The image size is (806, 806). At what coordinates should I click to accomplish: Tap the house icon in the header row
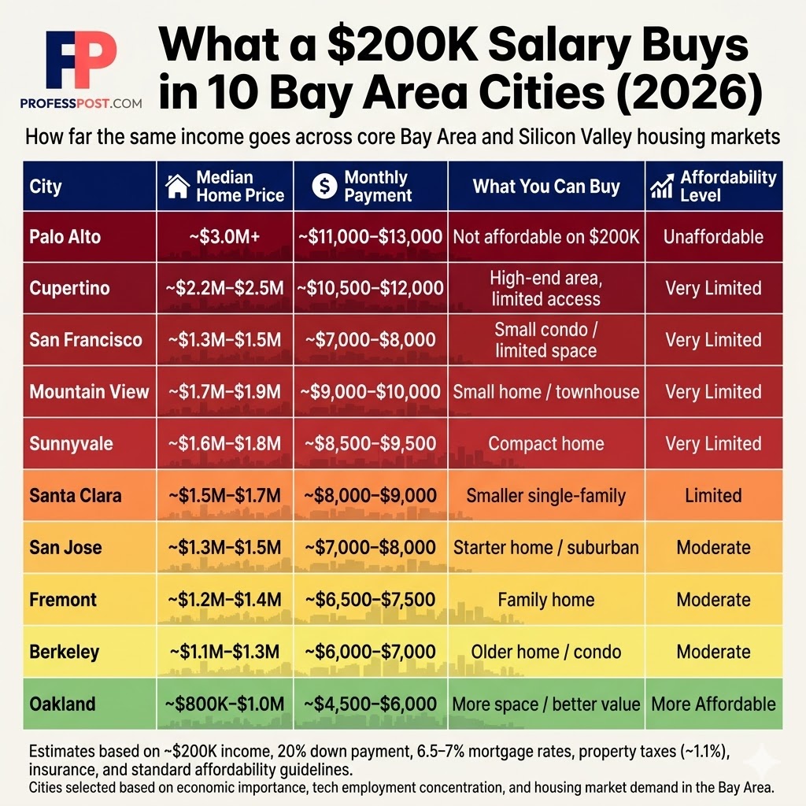click(179, 187)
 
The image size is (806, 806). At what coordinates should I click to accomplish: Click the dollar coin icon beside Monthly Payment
click(324, 187)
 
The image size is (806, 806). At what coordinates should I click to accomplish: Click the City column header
click(46, 187)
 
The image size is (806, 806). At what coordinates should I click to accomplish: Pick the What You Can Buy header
click(546, 187)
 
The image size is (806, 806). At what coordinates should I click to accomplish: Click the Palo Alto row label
click(65, 237)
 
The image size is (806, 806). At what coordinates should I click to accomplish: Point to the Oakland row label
click(62, 703)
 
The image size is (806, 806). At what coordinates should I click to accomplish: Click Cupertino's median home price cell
click(225, 288)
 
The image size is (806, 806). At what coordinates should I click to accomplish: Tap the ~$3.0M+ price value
click(225, 237)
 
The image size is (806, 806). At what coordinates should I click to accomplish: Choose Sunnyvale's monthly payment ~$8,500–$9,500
click(370, 444)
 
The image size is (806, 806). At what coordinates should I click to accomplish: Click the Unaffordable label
click(713, 237)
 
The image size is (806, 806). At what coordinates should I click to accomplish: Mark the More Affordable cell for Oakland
click(713, 703)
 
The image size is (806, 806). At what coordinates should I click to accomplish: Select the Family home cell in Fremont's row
click(546, 600)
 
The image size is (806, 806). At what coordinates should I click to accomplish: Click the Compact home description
click(546, 444)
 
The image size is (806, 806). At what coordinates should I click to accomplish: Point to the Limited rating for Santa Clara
click(713, 496)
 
